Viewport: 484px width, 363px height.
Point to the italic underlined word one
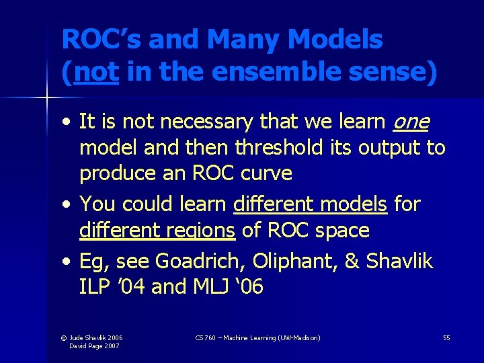[411, 122]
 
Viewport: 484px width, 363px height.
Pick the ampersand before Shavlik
[352, 261]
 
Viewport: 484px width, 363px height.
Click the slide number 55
[446, 337]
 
